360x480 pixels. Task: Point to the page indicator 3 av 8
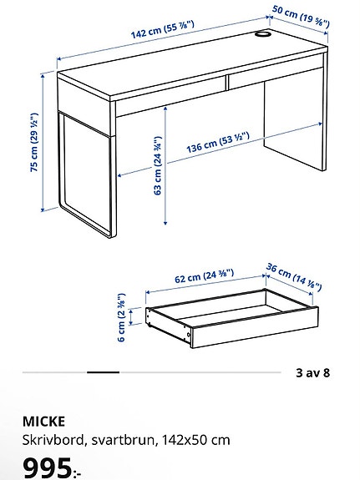click(313, 372)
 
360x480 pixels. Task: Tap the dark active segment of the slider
click(103, 372)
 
